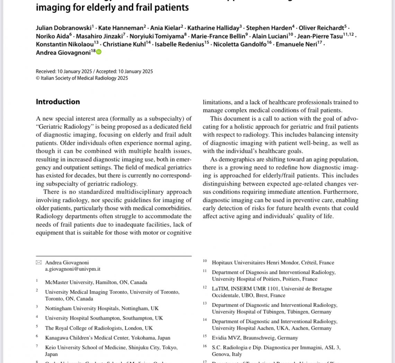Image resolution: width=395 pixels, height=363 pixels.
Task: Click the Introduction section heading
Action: click(x=58, y=102)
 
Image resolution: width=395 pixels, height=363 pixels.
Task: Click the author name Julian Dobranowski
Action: click(x=63, y=28)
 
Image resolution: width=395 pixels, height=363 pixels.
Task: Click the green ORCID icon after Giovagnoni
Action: click(x=99, y=52)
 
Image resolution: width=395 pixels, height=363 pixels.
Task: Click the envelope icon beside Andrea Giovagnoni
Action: click(x=38, y=263)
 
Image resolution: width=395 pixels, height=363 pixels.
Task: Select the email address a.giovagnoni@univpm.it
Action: click(x=73, y=269)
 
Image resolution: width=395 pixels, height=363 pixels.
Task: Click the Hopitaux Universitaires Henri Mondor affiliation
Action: click(x=273, y=263)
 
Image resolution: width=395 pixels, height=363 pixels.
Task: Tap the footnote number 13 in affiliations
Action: click(x=205, y=304)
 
